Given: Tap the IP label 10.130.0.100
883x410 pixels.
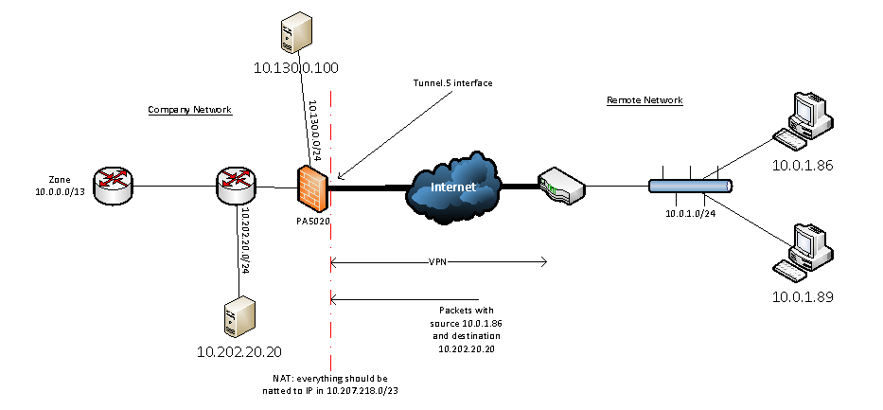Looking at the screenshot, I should click(295, 68).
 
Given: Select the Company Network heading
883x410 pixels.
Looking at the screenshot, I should click(189, 111).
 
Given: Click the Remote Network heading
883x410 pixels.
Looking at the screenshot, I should click(645, 100).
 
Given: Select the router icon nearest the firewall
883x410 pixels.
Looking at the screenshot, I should click(233, 186).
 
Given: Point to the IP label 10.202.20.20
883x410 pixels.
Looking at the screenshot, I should click(239, 352).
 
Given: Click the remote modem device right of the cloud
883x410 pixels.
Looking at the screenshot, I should click(559, 187).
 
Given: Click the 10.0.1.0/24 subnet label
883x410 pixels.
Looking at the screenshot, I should click(691, 214).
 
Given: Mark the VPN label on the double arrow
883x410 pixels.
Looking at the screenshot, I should click(439, 260).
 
